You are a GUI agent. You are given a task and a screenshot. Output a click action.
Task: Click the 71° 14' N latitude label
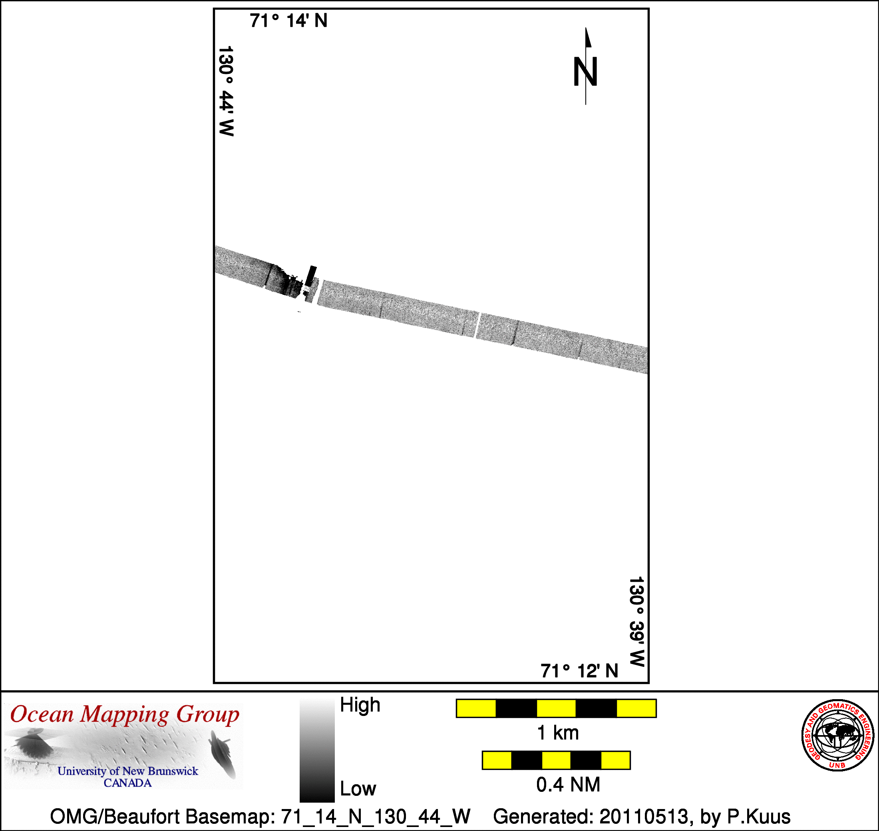(x=288, y=21)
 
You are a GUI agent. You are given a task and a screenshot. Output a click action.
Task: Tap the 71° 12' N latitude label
(x=579, y=671)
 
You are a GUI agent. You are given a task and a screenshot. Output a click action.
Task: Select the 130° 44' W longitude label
(x=226, y=91)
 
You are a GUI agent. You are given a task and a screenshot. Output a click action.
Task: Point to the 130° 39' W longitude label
(x=636, y=622)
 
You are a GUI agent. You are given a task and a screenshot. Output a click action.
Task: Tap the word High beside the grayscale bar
(x=360, y=704)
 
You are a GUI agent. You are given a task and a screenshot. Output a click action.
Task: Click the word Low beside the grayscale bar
(x=358, y=789)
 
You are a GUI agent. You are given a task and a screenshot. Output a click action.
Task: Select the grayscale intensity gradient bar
(x=317, y=750)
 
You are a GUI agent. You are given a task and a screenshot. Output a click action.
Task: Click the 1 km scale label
(x=558, y=733)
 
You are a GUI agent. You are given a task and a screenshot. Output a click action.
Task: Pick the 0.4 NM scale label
(x=568, y=785)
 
